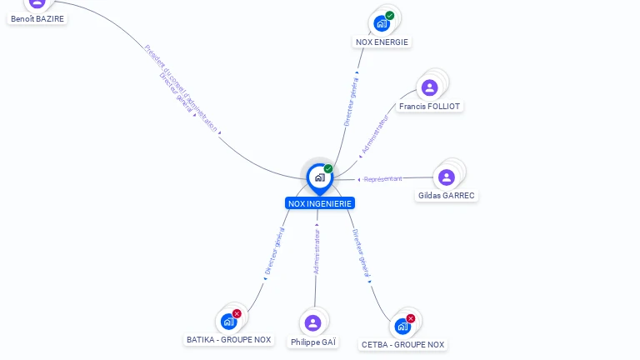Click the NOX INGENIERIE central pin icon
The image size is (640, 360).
319,177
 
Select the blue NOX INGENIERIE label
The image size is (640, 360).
320,203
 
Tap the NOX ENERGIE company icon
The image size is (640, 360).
382,22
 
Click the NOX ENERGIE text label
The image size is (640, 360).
382,42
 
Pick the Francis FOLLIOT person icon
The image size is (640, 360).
429,87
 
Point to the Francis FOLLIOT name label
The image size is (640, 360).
429,107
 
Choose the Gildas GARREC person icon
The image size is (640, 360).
447,177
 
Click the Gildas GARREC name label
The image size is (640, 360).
447,196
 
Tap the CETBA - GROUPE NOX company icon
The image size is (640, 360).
402,326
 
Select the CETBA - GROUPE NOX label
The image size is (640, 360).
402,344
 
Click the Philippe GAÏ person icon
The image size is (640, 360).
312,323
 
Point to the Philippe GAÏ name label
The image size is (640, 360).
313,342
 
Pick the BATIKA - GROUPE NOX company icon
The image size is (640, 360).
228,321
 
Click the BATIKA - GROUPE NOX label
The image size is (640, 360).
229,340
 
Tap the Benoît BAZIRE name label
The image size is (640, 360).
37,18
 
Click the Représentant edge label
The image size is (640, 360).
383,179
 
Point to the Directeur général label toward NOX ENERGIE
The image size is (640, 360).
352,101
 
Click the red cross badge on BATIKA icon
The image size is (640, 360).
237,313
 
